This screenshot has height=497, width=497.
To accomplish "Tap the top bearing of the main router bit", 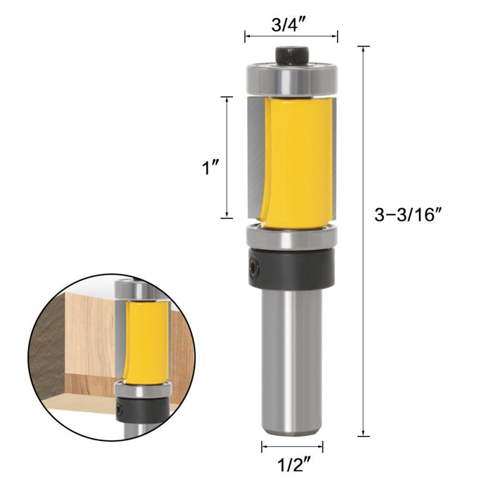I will (291, 79).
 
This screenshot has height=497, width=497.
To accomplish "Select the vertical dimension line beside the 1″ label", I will (227, 157).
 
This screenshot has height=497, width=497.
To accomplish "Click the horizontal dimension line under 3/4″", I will (291, 36).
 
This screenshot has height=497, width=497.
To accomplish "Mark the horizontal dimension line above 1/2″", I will (292, 447).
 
